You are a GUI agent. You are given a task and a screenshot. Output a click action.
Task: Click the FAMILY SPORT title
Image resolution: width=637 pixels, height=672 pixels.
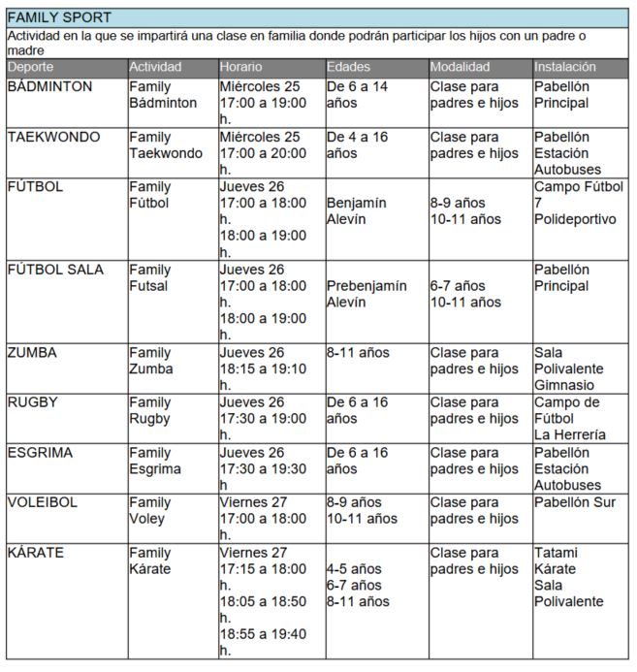[59, 17]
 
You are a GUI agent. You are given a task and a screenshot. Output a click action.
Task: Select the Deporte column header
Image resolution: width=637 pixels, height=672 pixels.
[31, 67]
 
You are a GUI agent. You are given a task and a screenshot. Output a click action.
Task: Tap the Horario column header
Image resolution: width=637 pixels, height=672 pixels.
[241, 67]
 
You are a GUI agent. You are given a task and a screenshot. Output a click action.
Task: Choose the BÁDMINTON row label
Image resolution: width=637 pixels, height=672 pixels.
[49, 86]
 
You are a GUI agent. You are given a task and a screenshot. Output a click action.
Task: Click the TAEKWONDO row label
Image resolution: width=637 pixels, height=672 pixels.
[53, 137]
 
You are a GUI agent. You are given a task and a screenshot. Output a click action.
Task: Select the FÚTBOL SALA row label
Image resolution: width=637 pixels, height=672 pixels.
[55, 269]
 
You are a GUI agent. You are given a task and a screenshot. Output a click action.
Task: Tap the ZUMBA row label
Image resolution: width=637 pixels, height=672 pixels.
[32, 352]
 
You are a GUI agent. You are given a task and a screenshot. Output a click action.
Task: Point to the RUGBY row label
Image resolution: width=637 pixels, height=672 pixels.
[32, 402]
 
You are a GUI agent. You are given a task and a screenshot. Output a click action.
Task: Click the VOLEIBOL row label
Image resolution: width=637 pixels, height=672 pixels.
[44, 502]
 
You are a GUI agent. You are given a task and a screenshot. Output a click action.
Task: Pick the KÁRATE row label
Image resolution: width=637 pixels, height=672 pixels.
[36, 553]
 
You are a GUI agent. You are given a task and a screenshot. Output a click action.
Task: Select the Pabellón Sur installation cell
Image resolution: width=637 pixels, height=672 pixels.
[574, 502]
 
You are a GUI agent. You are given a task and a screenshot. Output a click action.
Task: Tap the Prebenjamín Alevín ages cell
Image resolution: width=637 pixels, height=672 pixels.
[361, 294]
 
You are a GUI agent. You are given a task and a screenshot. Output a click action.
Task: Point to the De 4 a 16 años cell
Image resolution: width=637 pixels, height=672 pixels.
[357, 144]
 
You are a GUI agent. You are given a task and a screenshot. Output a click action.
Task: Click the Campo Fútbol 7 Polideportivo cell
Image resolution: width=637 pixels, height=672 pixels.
[578, 203]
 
